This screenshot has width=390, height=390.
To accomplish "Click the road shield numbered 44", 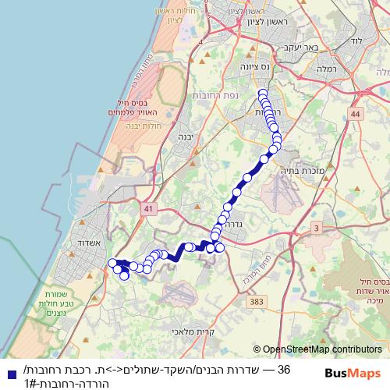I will pyautogui.click(x=356, y=114).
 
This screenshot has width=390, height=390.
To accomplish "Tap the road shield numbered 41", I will pyautogui.click(x=148, y=209).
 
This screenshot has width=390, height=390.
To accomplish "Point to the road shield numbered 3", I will pyautogui.click(x=316, y=227).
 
